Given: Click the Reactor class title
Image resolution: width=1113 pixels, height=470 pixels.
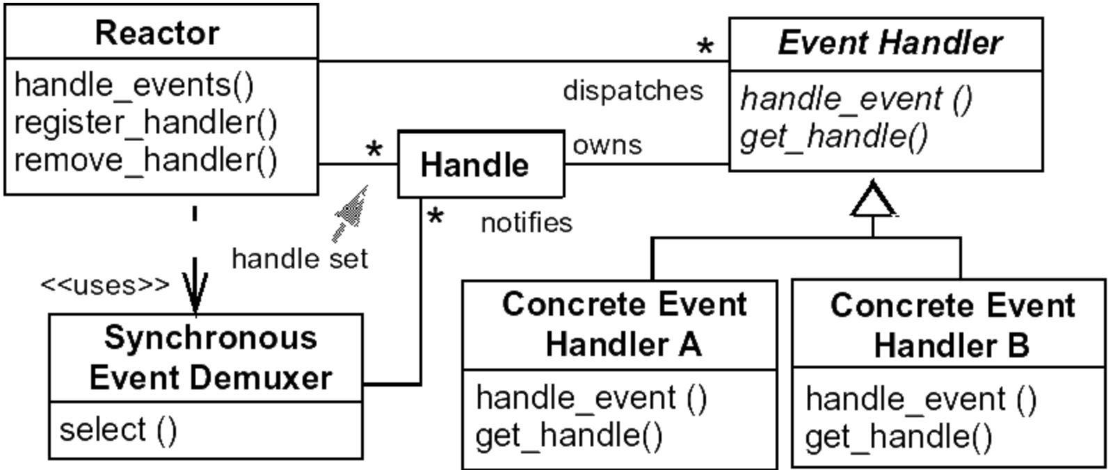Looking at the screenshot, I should pos(157,33).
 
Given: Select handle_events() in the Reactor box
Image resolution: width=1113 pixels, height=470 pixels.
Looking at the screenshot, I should pos(134,86).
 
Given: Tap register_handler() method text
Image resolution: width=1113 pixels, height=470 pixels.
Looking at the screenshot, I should pos(145,123).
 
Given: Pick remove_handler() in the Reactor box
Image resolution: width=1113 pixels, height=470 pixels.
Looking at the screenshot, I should pos(145,161).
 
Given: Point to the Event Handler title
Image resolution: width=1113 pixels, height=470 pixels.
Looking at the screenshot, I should pos(890,43).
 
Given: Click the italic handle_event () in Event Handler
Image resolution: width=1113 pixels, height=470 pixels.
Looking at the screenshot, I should pos(856,99).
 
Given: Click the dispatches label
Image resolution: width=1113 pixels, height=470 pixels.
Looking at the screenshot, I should pos(632,91).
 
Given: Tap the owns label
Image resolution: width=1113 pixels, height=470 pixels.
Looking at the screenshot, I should pos(607,145).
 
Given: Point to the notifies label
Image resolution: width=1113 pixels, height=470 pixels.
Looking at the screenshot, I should pos(527,223).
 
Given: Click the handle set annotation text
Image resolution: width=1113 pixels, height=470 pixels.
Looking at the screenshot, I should pos(299,259).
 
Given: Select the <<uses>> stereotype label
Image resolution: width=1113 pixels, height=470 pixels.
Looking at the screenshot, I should pos(104,285).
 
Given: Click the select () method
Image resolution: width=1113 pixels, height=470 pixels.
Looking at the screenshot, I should pos(118,430).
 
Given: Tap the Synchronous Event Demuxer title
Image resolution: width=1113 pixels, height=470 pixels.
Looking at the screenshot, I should pos(210,357).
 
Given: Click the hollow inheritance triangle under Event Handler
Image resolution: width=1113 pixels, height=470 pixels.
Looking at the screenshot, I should pos(873,202).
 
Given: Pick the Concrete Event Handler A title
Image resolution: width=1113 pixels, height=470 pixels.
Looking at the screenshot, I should pos(623,324).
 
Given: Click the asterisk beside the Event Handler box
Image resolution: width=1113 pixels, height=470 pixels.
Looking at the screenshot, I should pos(705,47).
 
